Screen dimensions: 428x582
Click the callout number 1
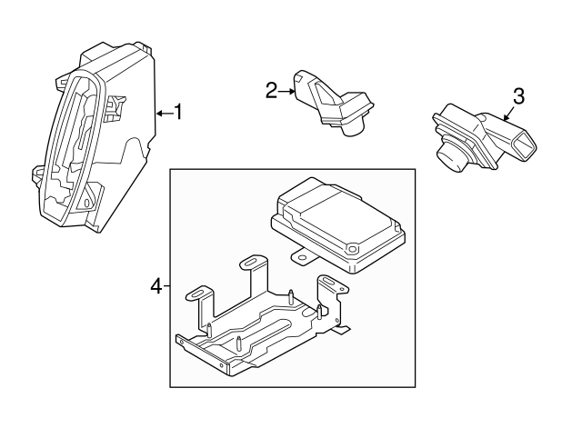click(179, 113)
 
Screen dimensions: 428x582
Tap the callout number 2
click(271, 90)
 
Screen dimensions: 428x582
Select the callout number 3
click(518, 96)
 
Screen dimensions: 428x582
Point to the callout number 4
click(155, 286)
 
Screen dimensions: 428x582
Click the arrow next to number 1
click(164, 113)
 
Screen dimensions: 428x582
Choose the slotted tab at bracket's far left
click(198, 294)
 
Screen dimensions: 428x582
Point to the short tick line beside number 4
click(166, 286)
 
